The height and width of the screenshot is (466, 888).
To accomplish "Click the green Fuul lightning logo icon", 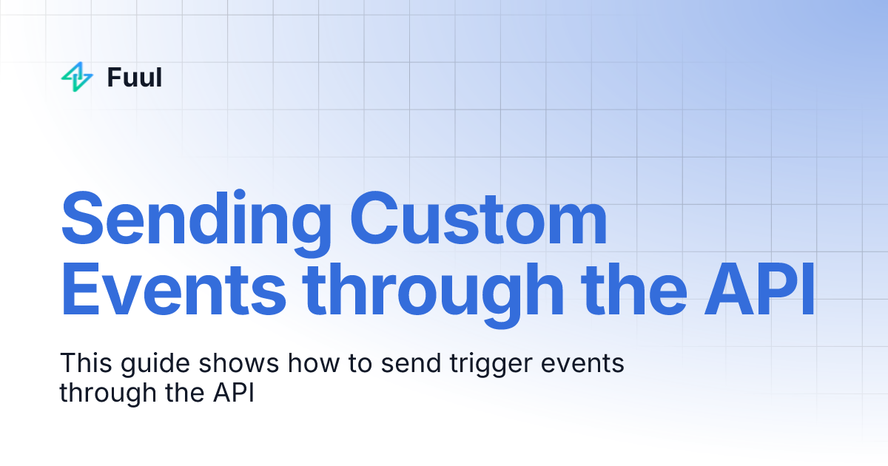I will (77, 77).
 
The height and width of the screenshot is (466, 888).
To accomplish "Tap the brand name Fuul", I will (134, 77).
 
